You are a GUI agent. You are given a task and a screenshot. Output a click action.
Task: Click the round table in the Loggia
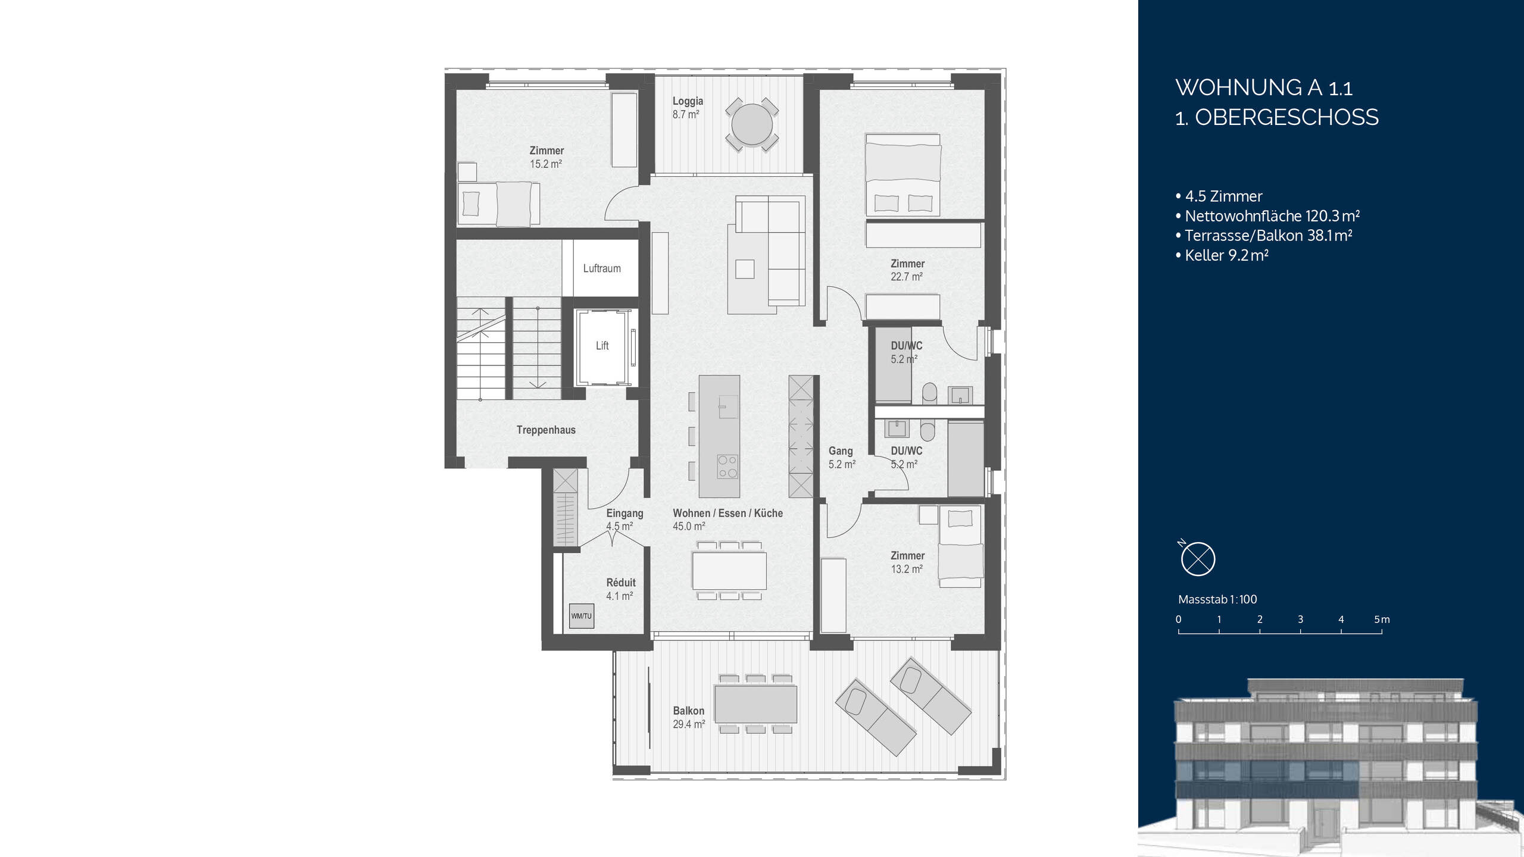(752, 125)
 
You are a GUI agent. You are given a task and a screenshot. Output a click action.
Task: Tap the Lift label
(602, 346)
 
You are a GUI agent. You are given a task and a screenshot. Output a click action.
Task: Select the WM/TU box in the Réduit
(582, 616)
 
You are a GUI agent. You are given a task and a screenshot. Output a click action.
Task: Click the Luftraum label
(601, 268)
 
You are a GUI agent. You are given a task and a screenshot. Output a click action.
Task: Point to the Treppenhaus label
(545, 430)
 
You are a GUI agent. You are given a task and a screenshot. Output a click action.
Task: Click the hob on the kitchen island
(727, 467)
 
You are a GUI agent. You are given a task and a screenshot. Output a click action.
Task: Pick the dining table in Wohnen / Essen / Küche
(729, 570)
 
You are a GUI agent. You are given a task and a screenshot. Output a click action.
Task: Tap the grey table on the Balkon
(755, 703)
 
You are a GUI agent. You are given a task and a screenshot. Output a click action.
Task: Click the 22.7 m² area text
(906, 277)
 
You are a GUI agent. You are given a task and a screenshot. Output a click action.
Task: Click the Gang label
(840, 451)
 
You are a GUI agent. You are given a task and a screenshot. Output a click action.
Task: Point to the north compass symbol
(1198, 559)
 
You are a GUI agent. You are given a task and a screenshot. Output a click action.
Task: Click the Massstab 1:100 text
(1217, 599)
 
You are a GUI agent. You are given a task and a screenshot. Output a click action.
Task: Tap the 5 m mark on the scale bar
(1382, 620)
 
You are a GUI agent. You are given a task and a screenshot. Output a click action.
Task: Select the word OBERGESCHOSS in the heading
(1286, 117)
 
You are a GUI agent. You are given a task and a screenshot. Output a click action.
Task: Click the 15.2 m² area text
(546, 164)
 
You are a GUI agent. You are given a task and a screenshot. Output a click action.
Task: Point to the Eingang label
(624, 513)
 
